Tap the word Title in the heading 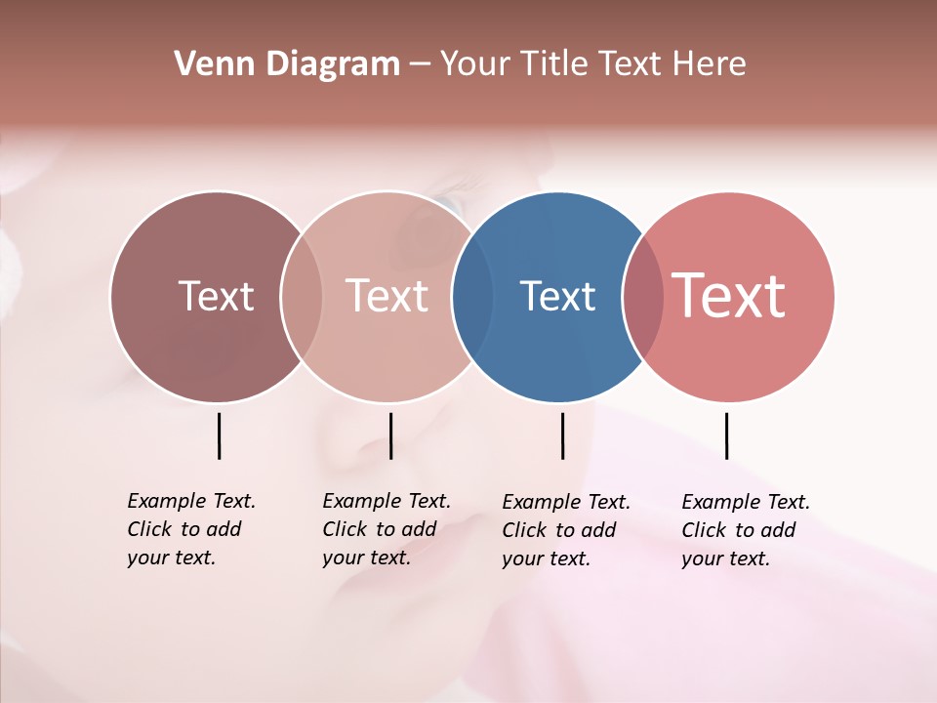tap(554, 64)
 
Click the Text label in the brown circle tap(216, 297)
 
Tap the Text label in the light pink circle tap(387, 297)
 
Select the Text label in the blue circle tap(557, 297)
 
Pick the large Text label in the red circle tap(729, 296)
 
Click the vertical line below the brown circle tap(219, 435)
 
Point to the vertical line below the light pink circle tap(390, 435)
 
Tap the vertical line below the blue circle tap(562, 435)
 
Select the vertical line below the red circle tap(726, 435)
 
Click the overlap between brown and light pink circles tap(302, 297)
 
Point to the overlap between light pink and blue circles tap(466, 297)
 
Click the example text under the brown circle tap(190, 529)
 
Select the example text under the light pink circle tap(386, 529)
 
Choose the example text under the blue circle tap(565, 530)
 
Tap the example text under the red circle tap(745, 530)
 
